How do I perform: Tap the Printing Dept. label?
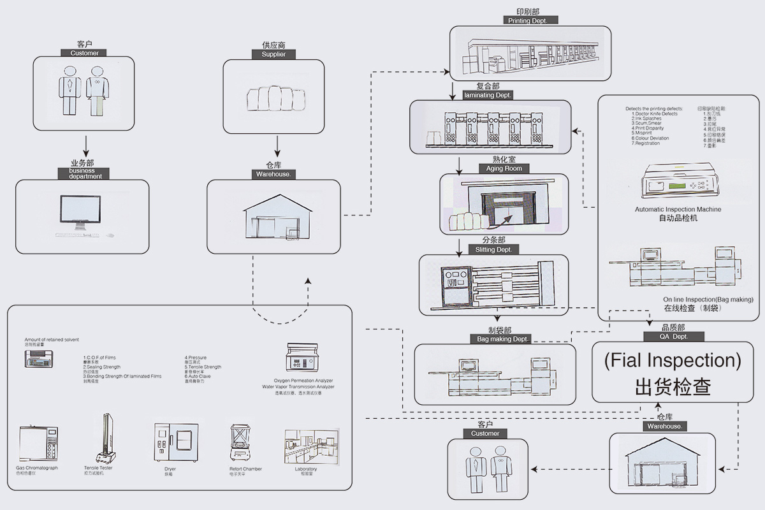coord(532,20)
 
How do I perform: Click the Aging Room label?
coord(504,169)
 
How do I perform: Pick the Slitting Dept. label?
coord(493,250)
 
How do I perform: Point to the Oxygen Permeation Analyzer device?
coord(298,360)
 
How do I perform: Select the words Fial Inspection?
coord(673,361)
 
